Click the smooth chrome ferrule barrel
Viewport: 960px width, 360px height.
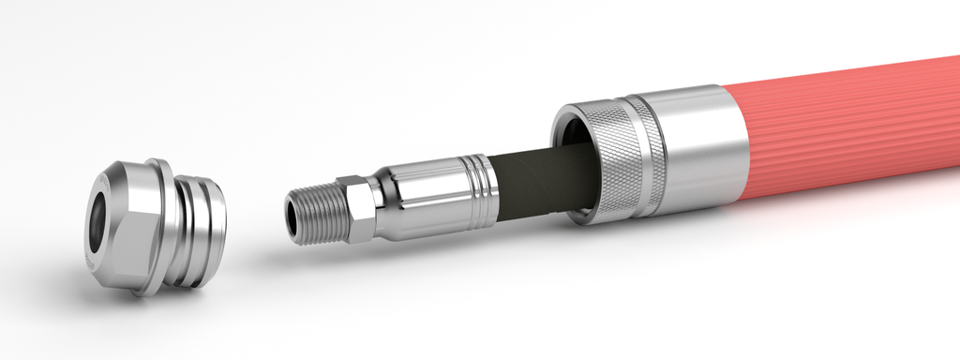point(427,192)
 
